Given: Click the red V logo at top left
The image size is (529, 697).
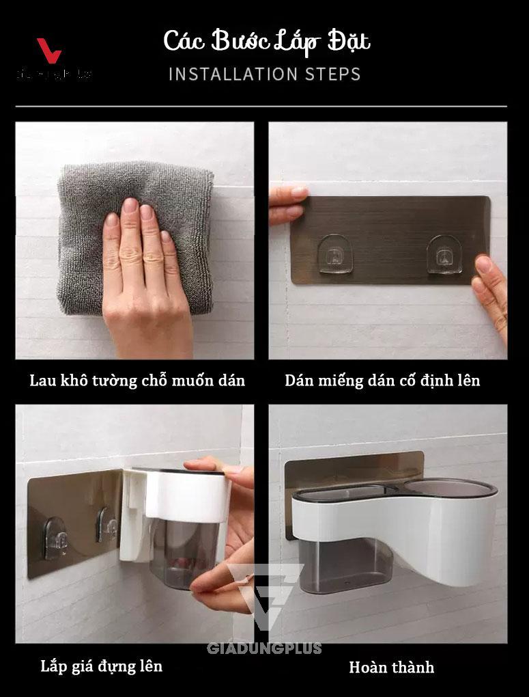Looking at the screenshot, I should [48, 51].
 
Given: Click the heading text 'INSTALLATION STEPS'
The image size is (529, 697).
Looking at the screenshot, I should [264, 74].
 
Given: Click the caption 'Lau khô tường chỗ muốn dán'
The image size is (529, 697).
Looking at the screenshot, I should [137, 381].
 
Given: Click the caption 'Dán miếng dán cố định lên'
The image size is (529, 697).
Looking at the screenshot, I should [382, 381].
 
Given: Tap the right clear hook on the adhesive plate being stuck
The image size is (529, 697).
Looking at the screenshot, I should [444, 254].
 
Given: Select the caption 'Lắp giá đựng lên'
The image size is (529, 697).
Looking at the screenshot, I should [102, 666].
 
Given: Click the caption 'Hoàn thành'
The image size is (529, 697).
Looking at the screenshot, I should [391, 667].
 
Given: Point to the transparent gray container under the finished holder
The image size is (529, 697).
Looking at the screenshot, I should [345, 564].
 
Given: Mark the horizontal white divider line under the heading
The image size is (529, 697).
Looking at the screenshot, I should [261, 107].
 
